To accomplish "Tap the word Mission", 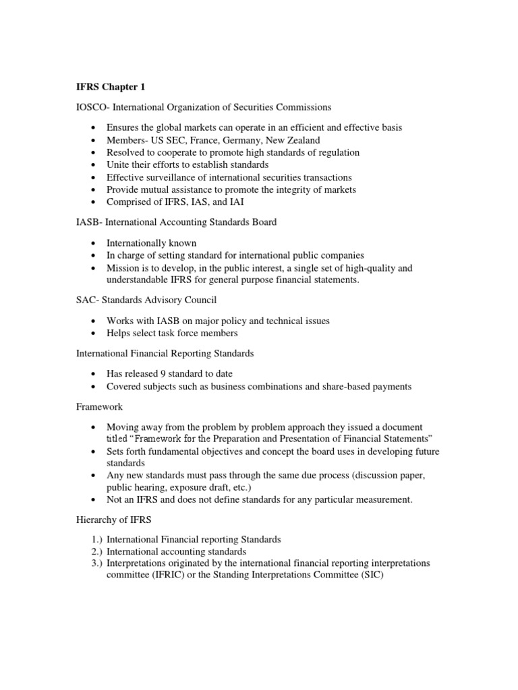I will pyautogui.click(x=123, y=268).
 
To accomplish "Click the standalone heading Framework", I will pyautogui.click(x=100, y=407).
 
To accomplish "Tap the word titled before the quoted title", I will pyautogui.click(x=117, y=439).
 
